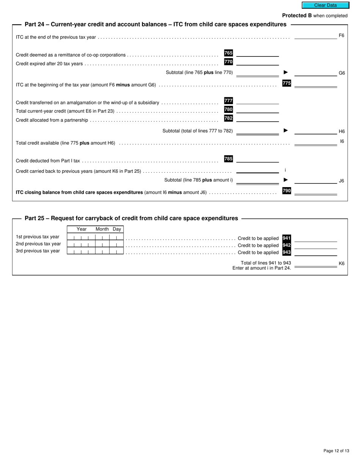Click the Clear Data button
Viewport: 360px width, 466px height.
[x=325, y=5]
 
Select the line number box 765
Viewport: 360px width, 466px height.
[x=229, y=53]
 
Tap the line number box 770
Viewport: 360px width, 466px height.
[x=229, y=62]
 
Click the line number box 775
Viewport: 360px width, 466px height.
[x=286, y=83]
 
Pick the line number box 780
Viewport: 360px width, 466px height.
[x=229, y=109]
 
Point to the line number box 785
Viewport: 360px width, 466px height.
[x=229, y=159]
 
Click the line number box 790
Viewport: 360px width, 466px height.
[x=286, y=191]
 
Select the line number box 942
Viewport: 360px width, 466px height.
[x=286, y=245]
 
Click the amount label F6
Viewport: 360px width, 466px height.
[x=341, y=36]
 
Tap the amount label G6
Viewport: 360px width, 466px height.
[x=341, y=73]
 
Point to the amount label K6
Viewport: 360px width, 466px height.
[x=341, y=263]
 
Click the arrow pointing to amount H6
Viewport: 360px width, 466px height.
[x=286, y=131]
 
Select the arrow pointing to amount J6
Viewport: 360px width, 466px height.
[x=286, y=180]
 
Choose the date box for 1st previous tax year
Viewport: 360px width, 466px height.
[x=95, y=238]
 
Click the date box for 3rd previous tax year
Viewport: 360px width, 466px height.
[x=95, y=252]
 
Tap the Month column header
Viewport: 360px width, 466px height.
[x=102, y=229]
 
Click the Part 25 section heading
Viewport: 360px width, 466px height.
[x=131, y=218]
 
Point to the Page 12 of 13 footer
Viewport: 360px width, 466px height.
[x=336, y=451]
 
